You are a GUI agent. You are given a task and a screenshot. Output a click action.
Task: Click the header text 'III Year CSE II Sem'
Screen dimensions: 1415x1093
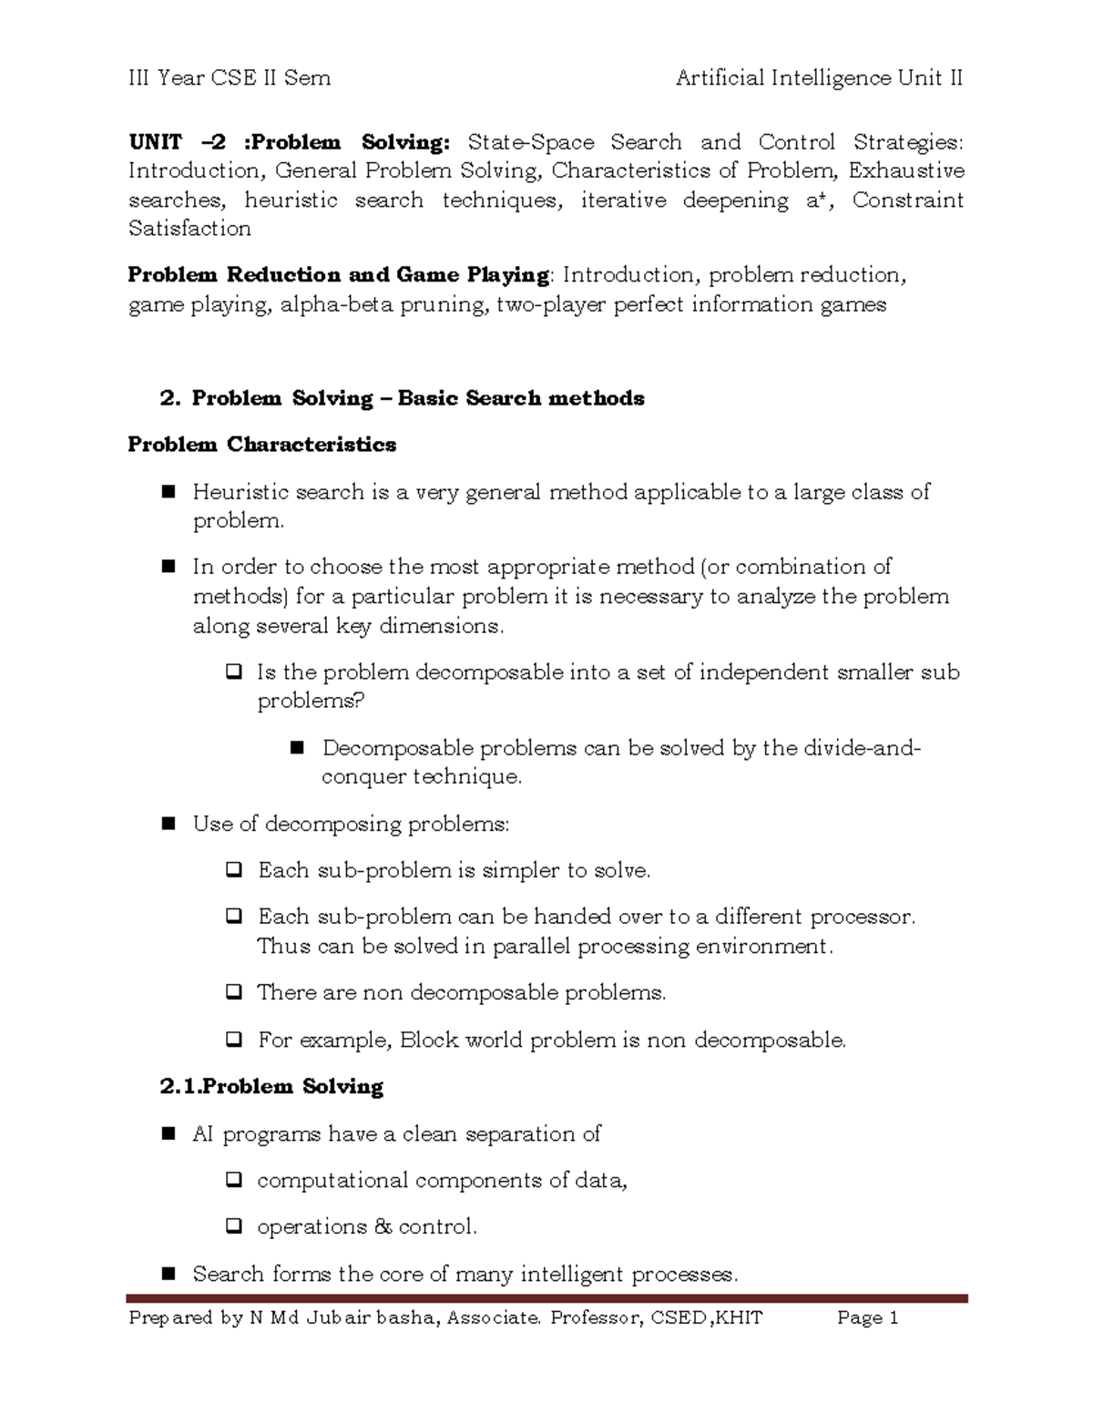pyautogui.click(x=229, y=78)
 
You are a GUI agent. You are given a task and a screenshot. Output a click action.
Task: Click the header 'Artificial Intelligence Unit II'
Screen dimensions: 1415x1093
pyautogui.click(x=819, y=78)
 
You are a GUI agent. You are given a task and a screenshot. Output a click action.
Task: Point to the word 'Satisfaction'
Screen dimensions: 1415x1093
pyautogui.click(x=189, y=229)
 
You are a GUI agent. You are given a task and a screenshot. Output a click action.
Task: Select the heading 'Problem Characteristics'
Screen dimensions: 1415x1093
pyautogui.click(x=262, y=445)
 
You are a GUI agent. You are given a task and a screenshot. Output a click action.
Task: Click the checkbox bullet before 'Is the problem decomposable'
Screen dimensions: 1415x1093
pyautogui.click(x=233, y=673)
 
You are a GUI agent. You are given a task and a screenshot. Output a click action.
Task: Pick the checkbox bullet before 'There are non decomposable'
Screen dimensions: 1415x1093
pyautogui.click(x=233, y=992)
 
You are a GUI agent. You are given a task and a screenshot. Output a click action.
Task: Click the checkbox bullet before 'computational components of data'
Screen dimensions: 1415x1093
pyautogui.click(x=233, y=1181)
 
